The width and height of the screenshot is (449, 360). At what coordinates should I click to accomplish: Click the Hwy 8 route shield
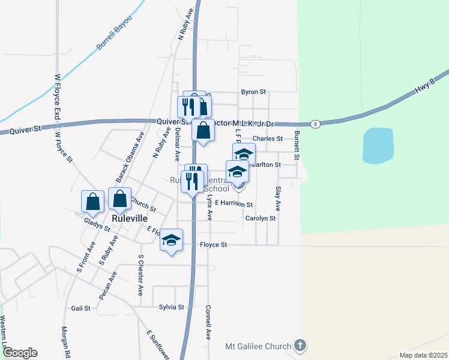(x=315, y=124)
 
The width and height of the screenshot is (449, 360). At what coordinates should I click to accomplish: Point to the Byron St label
(x=253, y=92)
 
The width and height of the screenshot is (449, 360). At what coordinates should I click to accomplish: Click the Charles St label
(x=268, y=139)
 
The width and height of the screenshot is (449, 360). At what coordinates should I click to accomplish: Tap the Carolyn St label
(x=261, y=218)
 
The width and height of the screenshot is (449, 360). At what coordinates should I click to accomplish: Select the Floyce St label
(x=214, y=245)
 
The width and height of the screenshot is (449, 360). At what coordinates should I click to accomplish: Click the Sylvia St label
(x=171, y=307)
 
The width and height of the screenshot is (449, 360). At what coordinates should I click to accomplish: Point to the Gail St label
(x=80, y=308)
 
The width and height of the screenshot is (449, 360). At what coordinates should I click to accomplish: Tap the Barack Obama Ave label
(x=130, y=158)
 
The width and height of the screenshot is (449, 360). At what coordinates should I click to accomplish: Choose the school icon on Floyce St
(x=171, y=240)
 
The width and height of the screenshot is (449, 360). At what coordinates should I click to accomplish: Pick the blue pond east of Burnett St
(x=378, y=146)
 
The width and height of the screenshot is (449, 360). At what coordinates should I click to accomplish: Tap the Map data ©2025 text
(x=423, y=355)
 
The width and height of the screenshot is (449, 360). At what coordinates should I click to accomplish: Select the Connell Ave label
(x=208, y=323)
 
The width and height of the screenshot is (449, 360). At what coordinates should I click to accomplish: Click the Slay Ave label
(x=278, y=199)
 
